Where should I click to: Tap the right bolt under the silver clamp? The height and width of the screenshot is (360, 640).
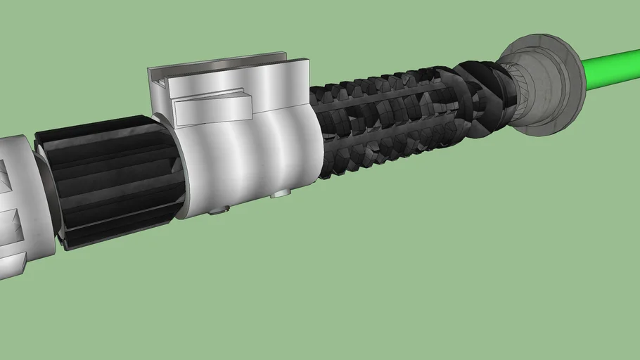point(281,192)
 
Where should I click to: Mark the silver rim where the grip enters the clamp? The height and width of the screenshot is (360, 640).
point(179,169)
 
